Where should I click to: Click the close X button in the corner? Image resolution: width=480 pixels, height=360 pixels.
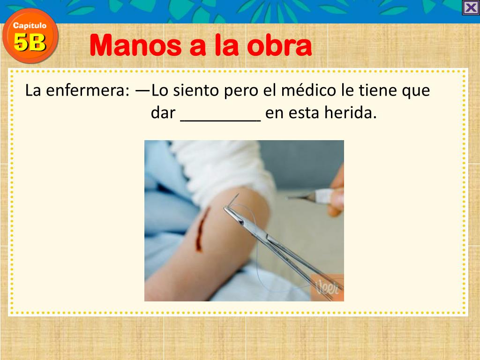click(x=471, y=8)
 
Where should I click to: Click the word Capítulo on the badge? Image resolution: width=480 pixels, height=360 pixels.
click(x=30, y=26)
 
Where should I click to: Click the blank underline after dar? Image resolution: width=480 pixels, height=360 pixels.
click(x=220, y=115)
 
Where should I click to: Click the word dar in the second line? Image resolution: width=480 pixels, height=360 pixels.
click(x=163, y=113)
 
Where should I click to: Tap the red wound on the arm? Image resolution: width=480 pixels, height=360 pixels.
click(x=202, y=229)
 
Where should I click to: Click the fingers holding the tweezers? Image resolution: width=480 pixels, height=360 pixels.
click(x=337, y=197)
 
